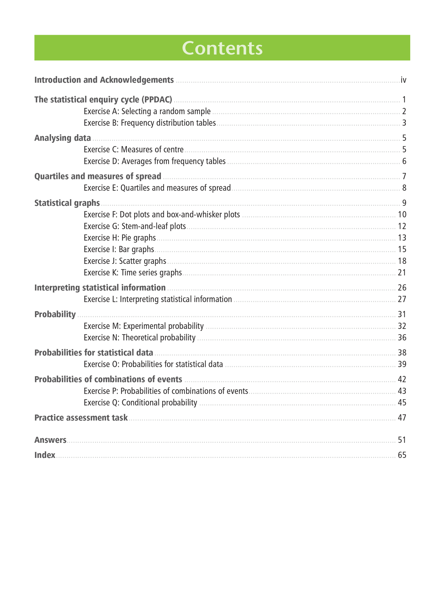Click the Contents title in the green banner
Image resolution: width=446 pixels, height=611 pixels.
pyautogui.click(x=222, y=48)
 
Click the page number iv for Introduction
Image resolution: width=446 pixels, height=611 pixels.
pyautogui.click(x=403, y=80)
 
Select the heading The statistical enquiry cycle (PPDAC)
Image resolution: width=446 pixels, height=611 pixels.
pyautogui.click(x=103, y=99)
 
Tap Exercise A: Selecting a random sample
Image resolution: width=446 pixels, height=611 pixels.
pyautogui.click(x=147, y=111)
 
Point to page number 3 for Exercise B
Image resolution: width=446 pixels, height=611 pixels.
pyautogui.click(x=404, y=123)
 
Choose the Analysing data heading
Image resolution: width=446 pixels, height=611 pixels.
pyautogui.click(x=63, y=138)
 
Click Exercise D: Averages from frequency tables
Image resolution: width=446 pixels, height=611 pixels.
pyautogui.click(x=154, y=161)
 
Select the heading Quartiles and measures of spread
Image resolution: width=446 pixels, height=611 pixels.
pyautogui.click(x=98, y=176)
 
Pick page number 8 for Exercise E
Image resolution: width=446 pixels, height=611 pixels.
pyautogui.click(x=404, y=188)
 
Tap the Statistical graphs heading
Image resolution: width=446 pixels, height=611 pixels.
pyautogui.click(x=67, y=203)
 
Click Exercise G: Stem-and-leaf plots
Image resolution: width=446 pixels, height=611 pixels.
pyautogui.click(x=135, y=226)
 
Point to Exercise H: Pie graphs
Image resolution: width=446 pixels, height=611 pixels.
pyautogui.click(x=119, y=238)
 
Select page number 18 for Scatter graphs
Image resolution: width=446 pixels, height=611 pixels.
pyautogui.click(x=402, y=261)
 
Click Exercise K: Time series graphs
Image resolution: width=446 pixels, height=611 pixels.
pyautogui.click(x=133, y=272)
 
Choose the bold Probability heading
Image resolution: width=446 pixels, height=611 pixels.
pyautogui.click(x=55, y=314)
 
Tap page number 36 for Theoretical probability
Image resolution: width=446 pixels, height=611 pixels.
pyautogui.click(x=402, y=338)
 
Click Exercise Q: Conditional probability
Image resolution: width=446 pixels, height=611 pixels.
pyautogui.click(x=140, y=402)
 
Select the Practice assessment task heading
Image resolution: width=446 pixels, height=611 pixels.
pyautogui.click(x=81, y=418)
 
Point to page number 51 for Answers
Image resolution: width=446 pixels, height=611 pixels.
pyautogui.click(x=402, y=440)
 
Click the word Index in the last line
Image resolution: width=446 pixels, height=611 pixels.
pyautogui.click(x=45, y=455)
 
